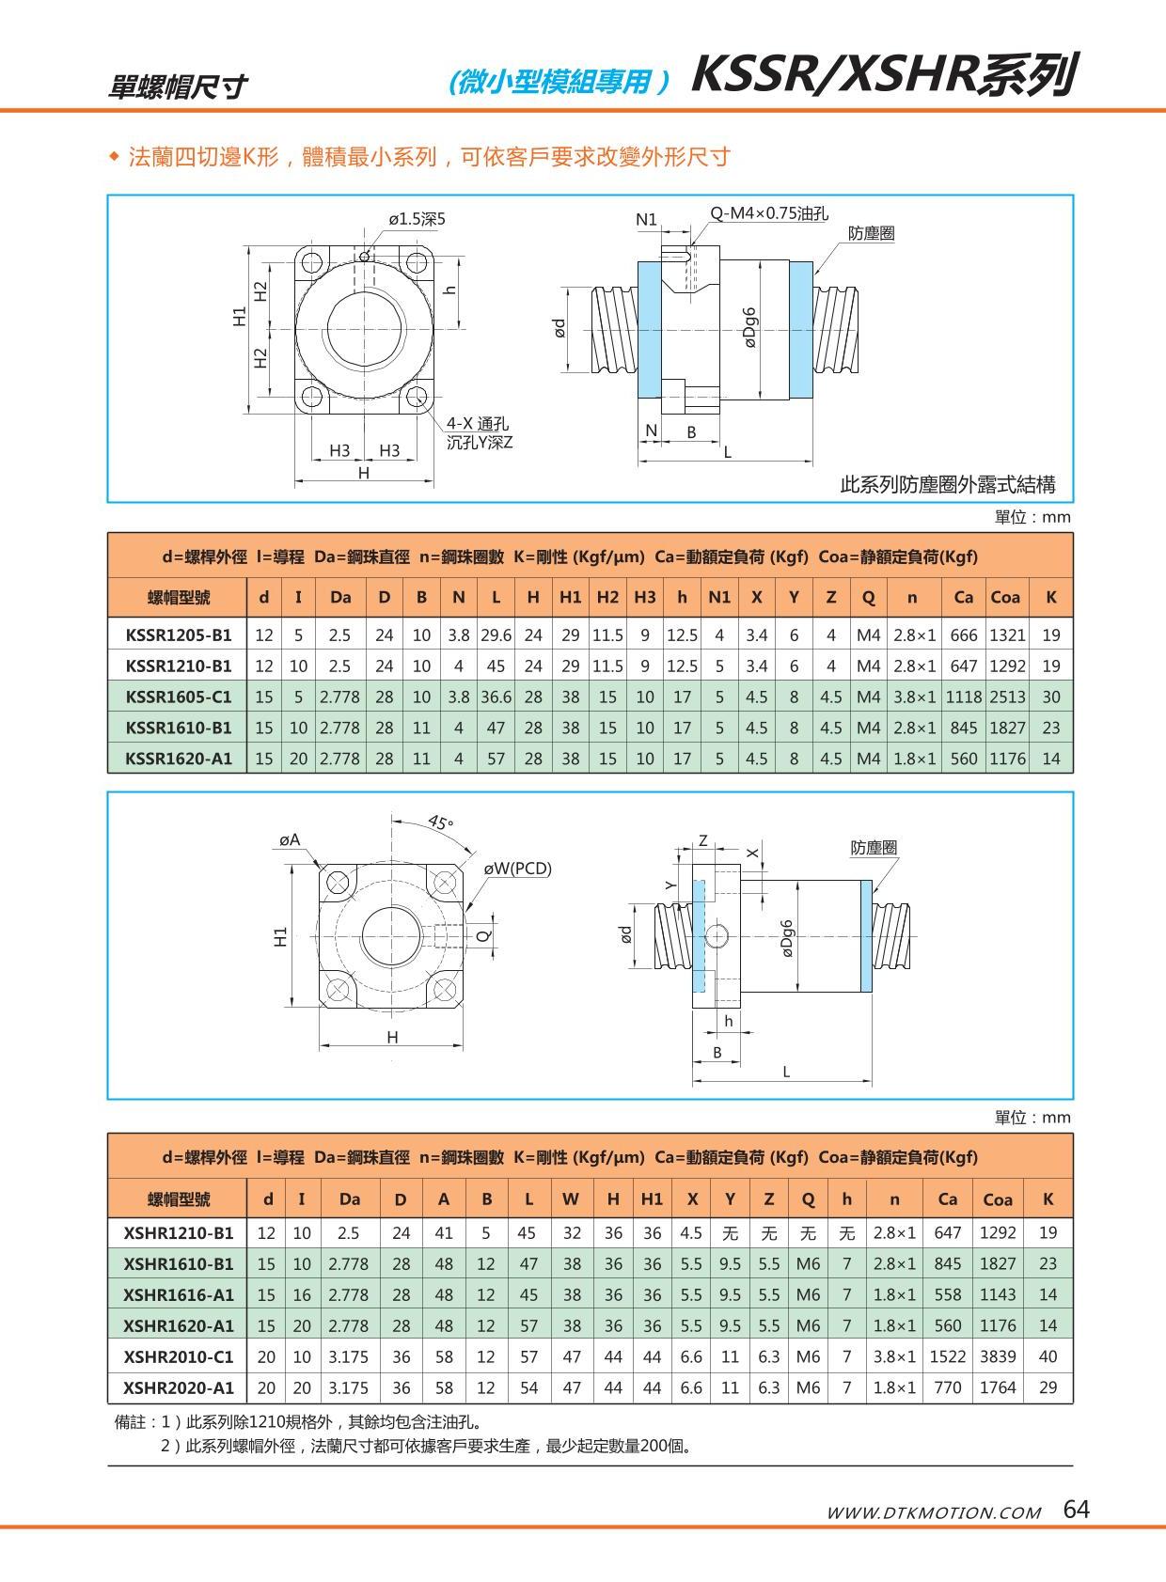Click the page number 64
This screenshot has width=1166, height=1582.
1076,1510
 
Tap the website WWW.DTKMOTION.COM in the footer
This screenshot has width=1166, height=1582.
933,1512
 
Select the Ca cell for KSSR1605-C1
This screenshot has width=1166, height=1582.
963,697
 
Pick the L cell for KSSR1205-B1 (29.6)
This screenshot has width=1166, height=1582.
496,634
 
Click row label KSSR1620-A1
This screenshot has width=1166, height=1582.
178,758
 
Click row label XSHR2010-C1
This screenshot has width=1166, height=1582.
178,1356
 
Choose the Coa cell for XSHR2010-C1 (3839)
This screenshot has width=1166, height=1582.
997,1356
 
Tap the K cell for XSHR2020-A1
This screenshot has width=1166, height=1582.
1048,1387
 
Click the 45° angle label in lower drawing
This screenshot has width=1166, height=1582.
440,822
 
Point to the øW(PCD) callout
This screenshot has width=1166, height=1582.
517,869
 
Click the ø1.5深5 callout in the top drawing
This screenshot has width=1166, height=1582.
417,219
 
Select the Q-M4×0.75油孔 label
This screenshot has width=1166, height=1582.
768,213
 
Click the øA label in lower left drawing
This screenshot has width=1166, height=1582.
290,839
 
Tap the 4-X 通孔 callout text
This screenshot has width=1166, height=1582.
477,425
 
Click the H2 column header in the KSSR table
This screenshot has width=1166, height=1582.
607,597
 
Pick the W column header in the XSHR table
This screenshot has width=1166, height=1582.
571,1198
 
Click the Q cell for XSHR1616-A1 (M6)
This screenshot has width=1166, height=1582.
808,1294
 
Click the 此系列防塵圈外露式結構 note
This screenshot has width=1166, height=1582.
947,485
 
